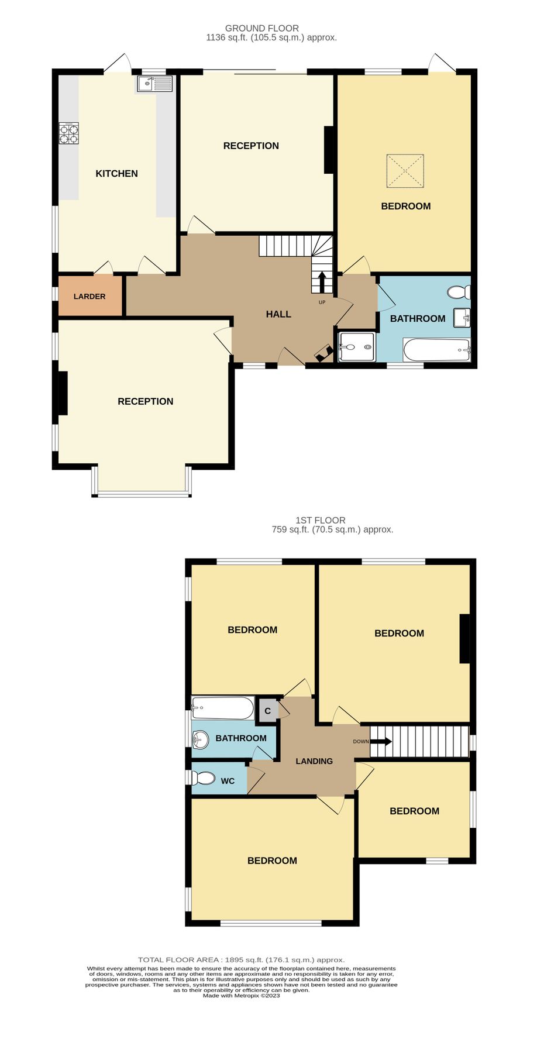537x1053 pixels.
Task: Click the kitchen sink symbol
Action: click(x=155, y=84)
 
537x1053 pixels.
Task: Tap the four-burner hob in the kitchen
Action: click(x=68, y=134)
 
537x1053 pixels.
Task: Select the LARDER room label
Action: click(x=89, y=297)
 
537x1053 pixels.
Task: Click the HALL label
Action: click(x=278, y=314)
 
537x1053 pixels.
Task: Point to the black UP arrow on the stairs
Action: click(x=322, y=281)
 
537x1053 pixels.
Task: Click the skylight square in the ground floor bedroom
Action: click(x=405, y=171)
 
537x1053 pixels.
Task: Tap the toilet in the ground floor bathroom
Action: click(x=459, y=291)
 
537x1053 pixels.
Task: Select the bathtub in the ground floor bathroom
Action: click(x=436, y=350)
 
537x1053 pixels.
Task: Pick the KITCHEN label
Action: click(x=116, y=174)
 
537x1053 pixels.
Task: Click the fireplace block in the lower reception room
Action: click(x=62, y=393)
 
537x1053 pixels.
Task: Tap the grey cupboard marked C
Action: click(x=267, y=711)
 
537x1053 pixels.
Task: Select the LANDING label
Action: click(x=314, y=761)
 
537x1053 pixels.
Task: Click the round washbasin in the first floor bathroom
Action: click(x=201, y=739)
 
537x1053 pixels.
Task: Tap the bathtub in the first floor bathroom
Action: click(x=223, y=708)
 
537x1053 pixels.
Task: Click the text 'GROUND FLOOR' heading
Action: click(x=262, y=28)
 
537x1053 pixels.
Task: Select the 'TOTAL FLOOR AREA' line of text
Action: click(x=241, y=960)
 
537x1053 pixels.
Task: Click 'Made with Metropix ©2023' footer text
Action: click(x=241, y=996)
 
